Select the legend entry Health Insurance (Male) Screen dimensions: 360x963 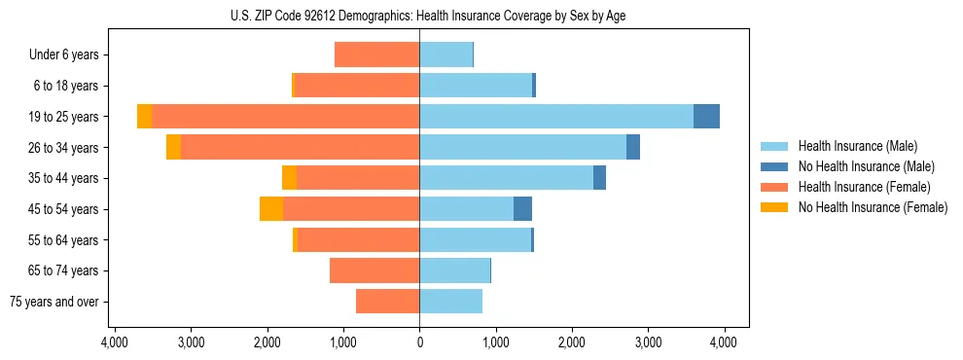pyautogui.click(x=857, y=146)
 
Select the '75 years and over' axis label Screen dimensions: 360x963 pyautogui.click(x=54, y=302)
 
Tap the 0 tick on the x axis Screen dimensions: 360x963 pyautogui.click(x=419, y=342)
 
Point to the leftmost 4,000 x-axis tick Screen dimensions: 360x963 pyautogui.click(x=115, y=342)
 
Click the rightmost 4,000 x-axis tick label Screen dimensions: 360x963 pyautogui.click(x=724, y=342)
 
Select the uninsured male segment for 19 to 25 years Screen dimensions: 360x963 pyautogui.click(x=706, y=117)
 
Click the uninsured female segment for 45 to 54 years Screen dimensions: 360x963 pyautogui.click(x=271, y=209)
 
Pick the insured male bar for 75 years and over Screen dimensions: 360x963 pyautogui.click(x=450, y=302)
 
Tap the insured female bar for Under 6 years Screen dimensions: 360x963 pyautogui.click(x=376, y=55)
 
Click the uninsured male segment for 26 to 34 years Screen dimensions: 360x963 pyautogui.click(x=633, y=148)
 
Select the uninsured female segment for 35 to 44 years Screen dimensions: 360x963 pyautogui.click(x=289, y=178)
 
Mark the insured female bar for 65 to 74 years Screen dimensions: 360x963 pyautogui.click(x=374, y=270)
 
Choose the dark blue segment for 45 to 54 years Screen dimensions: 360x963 pyautogui.click(x=522, y=209)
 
